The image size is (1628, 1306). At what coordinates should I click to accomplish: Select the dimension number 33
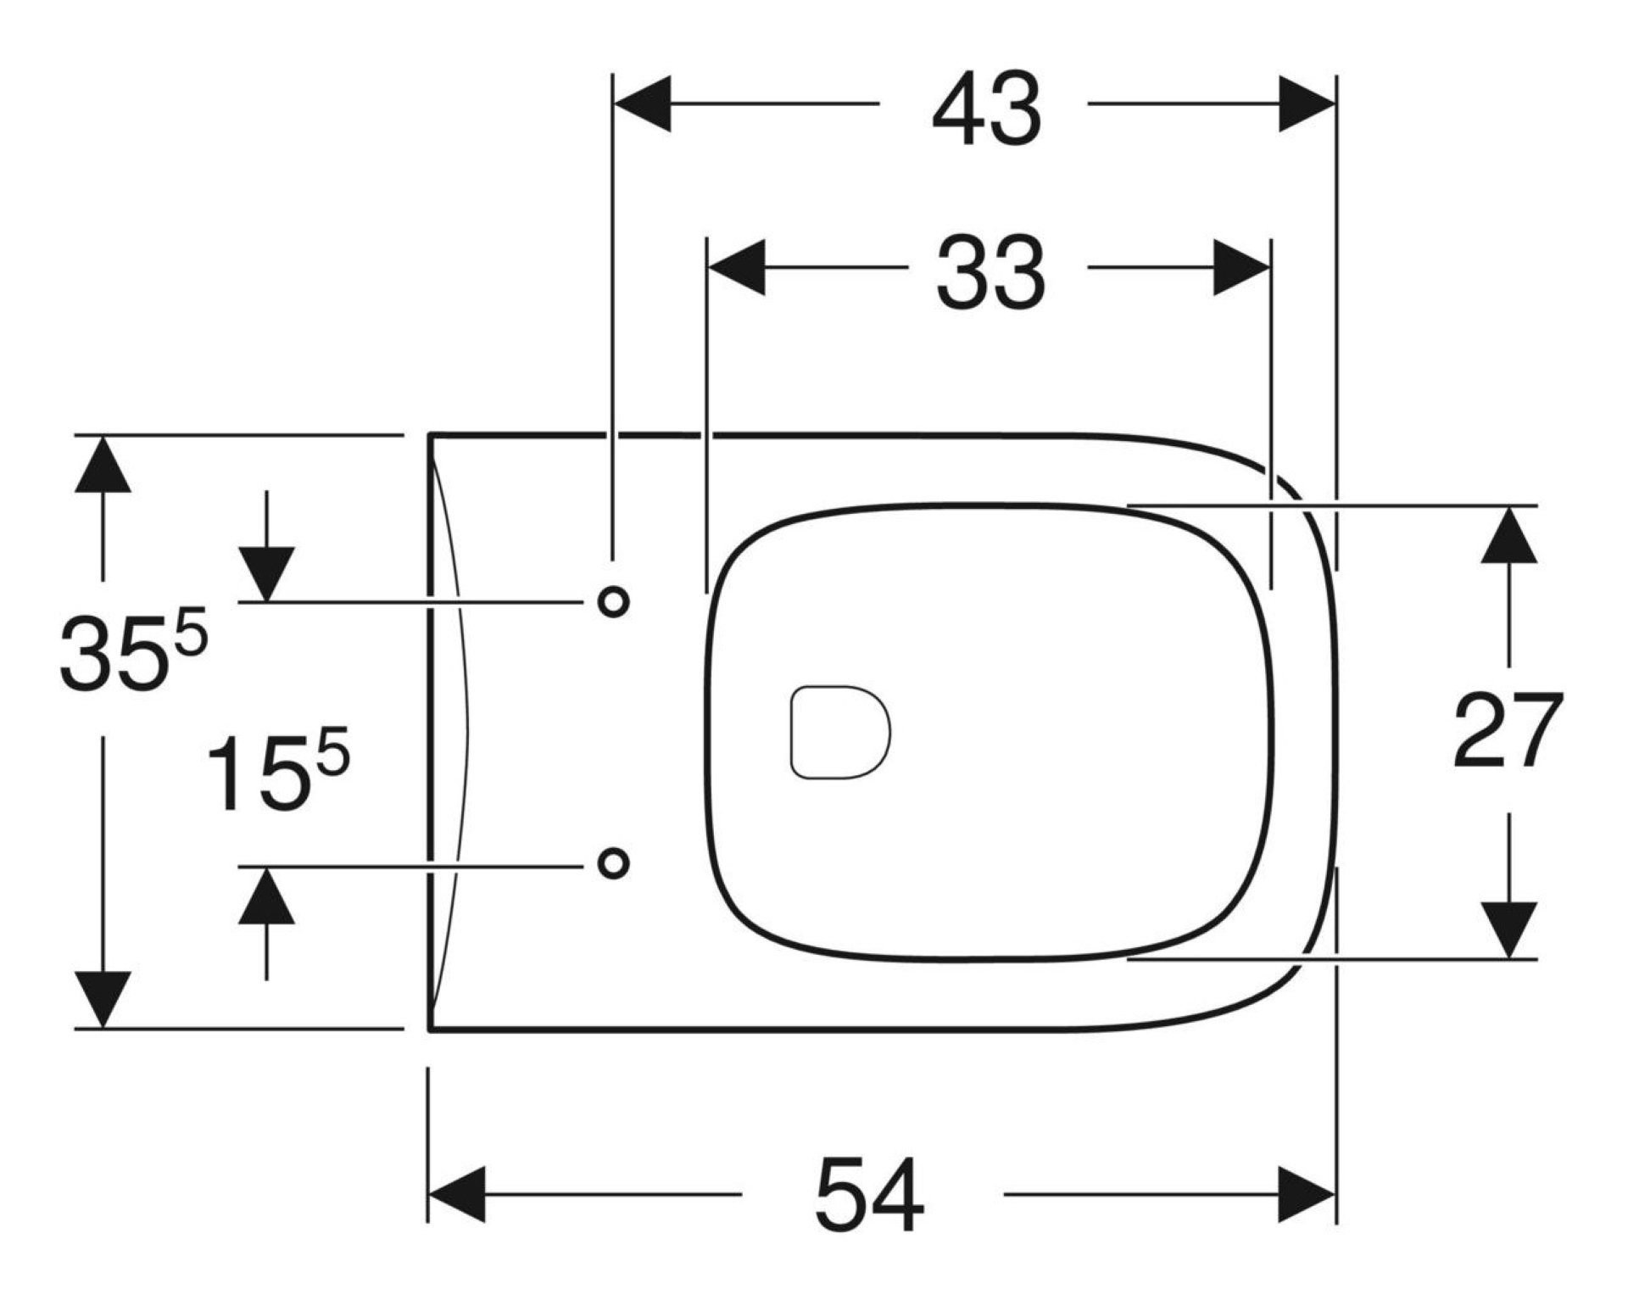(x=990, y=272)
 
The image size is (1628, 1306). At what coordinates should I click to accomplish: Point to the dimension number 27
(x=1508, y=730)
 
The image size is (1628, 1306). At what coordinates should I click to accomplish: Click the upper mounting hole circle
(x=613, y=602)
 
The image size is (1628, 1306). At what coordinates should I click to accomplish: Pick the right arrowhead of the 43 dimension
(x=1307, y=104)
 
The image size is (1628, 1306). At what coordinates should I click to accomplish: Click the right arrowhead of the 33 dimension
(x=1242, y=267)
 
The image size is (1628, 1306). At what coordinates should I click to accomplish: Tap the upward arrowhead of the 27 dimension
(x=1509, y=534)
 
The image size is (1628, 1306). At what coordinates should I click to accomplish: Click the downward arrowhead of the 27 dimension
(x=1509, y=929)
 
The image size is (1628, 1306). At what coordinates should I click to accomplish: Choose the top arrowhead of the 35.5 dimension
(x=103, y=464)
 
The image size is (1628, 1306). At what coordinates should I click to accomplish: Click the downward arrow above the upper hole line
(x=266, y=573)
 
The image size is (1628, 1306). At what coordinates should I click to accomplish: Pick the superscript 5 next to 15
(x=332, y=755)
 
